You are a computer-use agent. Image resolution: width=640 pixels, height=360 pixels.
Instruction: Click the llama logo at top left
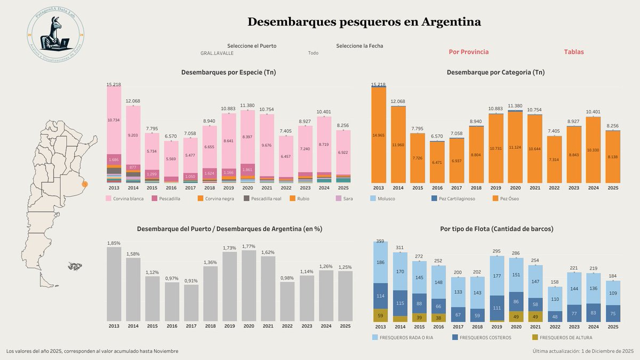pyautogui.click(x=55, y=35)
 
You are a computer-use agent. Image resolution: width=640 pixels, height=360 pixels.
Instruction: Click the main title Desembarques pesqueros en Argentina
pyautogui.click(x=364, y=22)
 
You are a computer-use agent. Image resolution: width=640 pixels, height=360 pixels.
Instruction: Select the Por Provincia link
pyautogui.click(x=468, y=52)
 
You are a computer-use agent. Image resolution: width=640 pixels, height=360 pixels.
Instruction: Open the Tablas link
pyautogui.click(x=573, y=52)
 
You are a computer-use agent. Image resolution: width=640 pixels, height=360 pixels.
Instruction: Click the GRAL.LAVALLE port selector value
pyautogui.click(x=217, y=53)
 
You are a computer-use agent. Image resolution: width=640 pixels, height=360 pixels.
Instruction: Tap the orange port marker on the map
pyautogui.click(x=84, y=184)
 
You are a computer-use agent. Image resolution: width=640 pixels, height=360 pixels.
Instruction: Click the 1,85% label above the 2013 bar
pyautogui.click(x=114, y=243)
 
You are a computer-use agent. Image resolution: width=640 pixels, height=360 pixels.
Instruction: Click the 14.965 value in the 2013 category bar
pyautogui.click(x=378, y=135)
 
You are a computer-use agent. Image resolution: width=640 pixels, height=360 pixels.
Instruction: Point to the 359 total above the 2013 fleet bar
pyautogui.click(x=380, y=241)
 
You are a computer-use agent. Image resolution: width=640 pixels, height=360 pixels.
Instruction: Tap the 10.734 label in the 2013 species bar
pyautogui.click(x=113, y=120)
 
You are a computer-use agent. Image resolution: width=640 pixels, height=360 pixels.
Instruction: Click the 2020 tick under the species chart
pyautogui.click(x=247, y=188)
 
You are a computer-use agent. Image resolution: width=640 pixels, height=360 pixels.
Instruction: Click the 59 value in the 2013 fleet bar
pyautogui.click(x=380, y=315)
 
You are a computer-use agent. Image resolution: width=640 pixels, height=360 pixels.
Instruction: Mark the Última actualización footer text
pyautogui.click(x=582, y=351)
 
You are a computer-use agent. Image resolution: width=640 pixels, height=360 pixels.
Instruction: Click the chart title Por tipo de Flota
pyautogui.click(x=497, y=229)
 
